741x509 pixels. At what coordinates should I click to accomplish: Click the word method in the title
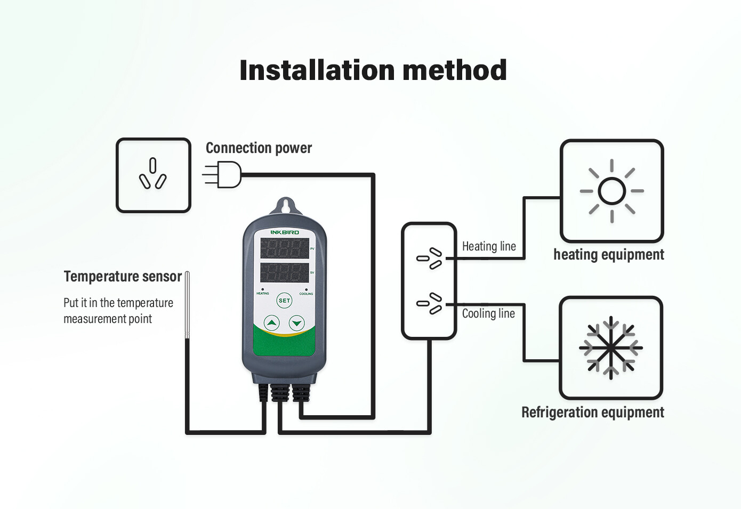tap(454, 70)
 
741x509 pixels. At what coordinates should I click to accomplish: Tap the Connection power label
tap(259, 148)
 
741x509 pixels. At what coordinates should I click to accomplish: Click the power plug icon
tap(224, 174)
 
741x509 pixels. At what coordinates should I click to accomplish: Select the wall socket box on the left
tap(154, 175)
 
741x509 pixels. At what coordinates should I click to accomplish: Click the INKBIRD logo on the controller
tap(285, 232)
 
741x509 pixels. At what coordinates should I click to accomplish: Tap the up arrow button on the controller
tap(272, 322)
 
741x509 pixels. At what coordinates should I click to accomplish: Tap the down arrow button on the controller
tap(296, 322)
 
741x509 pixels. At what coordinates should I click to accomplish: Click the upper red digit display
tap(284, 248)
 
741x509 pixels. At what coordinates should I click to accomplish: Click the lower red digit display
tap(284, 272)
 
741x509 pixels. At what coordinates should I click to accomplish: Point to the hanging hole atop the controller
tap(285, 205)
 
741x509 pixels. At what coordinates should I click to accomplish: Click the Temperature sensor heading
tap(123, 277)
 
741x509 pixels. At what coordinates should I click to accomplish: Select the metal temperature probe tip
tap(187, 304)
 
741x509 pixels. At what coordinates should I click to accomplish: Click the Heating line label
tap(489, 246)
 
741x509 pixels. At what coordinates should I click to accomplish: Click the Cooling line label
tap(488, 313)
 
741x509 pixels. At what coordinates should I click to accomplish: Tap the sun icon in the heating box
tap(611, 191)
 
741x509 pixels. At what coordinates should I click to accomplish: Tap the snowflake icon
tap(611, 348)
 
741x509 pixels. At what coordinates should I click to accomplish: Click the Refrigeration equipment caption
tap(592, 413)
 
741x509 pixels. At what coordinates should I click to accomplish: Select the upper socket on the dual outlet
tap(430, 258)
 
